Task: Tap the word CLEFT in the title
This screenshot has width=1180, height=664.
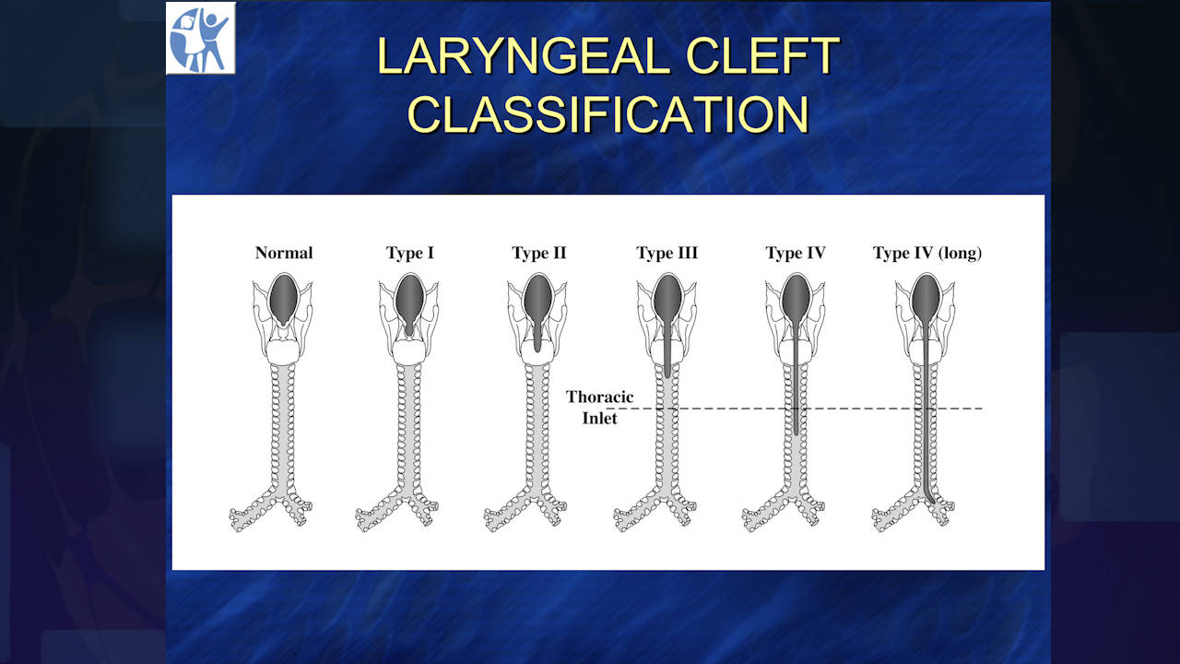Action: pyautogui.click(x=762, y=55)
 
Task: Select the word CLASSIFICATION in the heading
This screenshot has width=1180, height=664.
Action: pyautogui.click(x=608, y=114)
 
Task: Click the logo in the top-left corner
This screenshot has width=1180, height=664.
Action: pyautogui.click(x=201, y=39)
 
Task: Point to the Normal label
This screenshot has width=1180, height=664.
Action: pyautogui.click(x=284, y=253)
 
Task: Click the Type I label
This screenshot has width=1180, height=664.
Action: pyautogui.click(x=410, y=254)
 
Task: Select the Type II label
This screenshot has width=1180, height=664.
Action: pyautogui.click(x=539, y=254)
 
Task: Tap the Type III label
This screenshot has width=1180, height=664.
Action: pyautogui.click(x=667, y=254)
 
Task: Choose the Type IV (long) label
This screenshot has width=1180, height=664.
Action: pyautogui.click(x=927, y=254)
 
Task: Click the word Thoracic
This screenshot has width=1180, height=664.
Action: pyautogui.click(x=599, y=397)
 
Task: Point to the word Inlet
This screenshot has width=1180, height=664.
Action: pyautogui.click(x=599, y=419)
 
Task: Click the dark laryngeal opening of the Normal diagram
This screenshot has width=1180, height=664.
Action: pyautogui.click(x=284, y=300)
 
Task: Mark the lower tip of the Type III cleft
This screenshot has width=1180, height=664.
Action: pyautogui.click(x=667, y=377)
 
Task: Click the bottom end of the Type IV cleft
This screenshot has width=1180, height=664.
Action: pyautogui.click(x=796, y=433)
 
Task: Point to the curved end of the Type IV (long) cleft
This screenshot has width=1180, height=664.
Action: pyautogui.click(x=932, y=502)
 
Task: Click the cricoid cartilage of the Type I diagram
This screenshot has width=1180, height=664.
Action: pyautogui.click(x=409, y=352)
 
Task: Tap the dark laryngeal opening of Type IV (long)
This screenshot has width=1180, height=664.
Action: pyautogui.click(x=926, y=301)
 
